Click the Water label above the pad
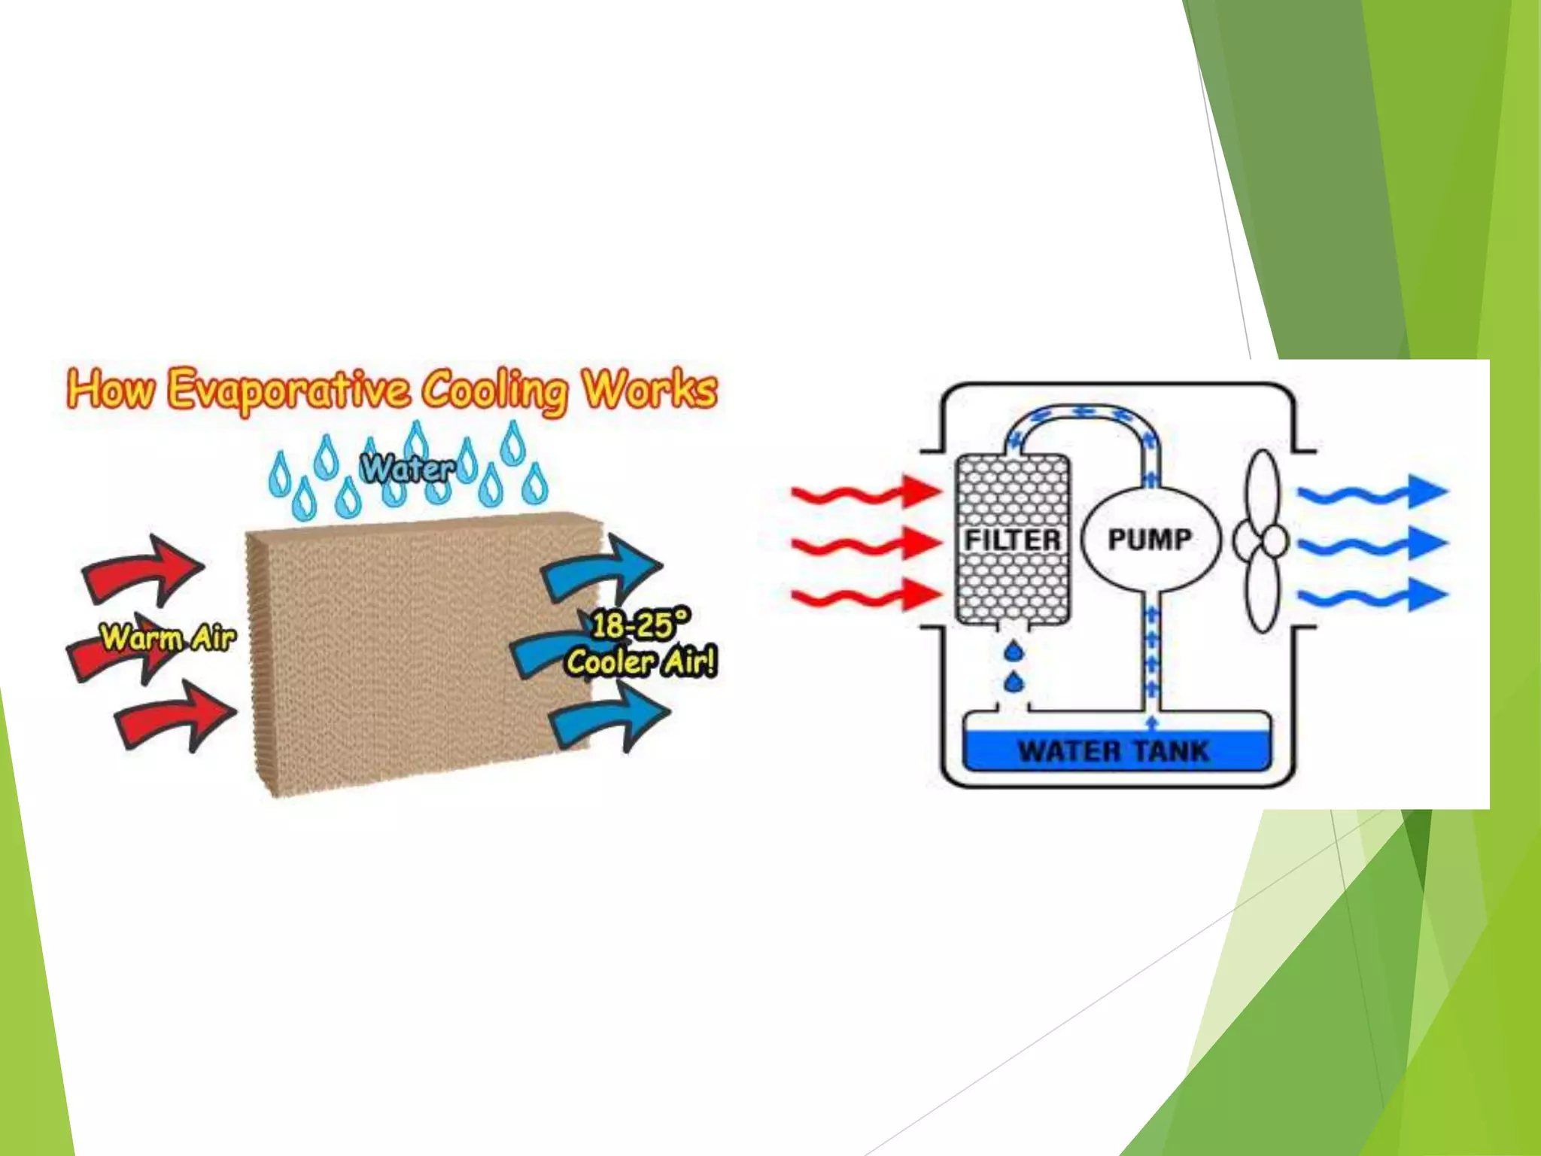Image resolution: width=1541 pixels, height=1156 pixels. tap(408, 469)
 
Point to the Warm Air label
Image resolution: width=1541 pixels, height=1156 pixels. tap(168, 638)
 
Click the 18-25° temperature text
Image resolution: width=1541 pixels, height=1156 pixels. tap(639, 625)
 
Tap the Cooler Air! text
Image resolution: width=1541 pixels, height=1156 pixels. tap(642, 662)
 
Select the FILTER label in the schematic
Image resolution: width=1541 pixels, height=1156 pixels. tap(1013, 540)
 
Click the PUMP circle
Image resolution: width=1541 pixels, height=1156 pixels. tap(1150, 540)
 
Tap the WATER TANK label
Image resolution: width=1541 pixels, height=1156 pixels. tap(1114, 751)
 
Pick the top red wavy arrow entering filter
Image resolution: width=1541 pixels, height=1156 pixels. tap(865, 493)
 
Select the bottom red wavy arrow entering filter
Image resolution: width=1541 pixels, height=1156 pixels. tap(865, 597)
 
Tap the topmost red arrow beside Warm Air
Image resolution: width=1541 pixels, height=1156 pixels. tap(143, 570)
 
